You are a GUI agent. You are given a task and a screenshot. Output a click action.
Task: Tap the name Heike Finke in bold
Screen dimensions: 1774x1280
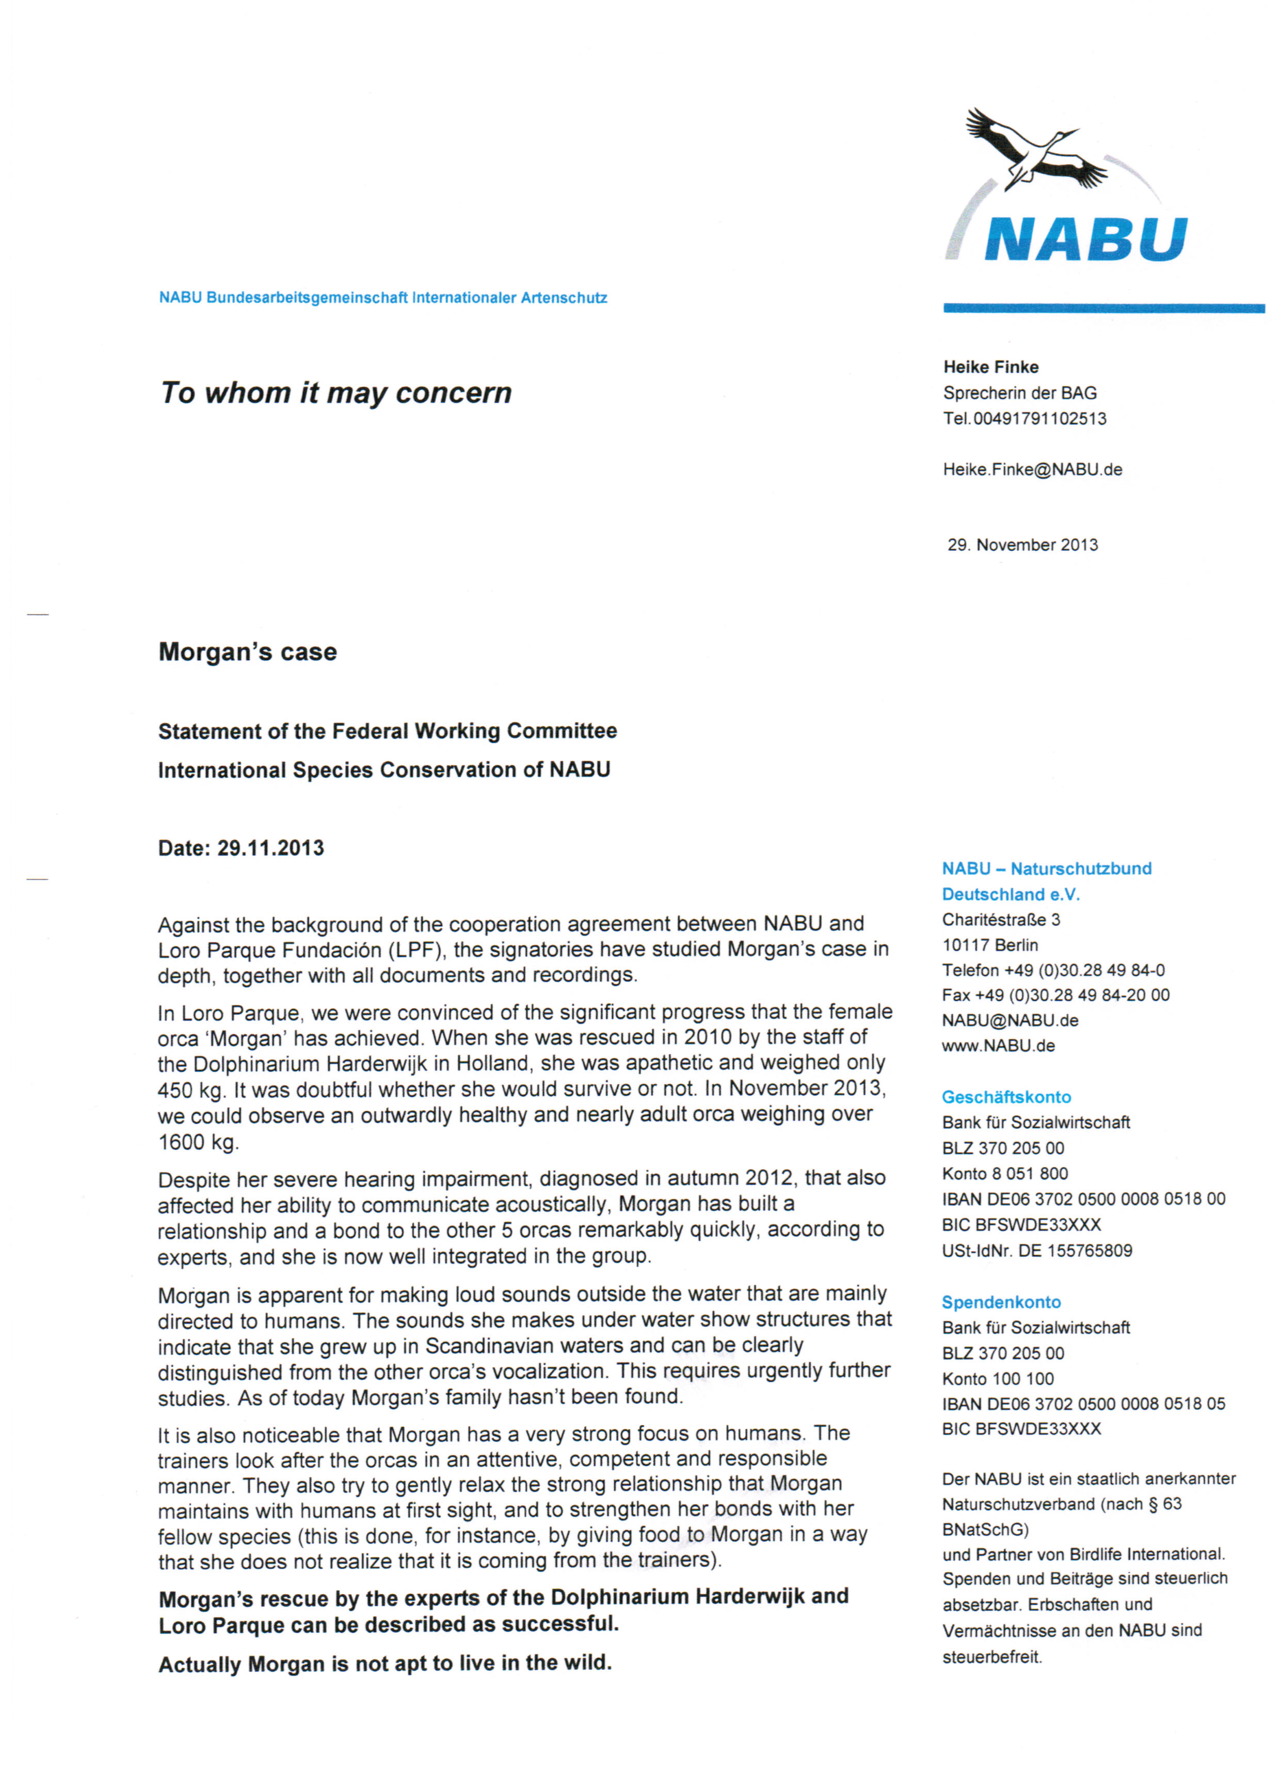click(x=990, y=367)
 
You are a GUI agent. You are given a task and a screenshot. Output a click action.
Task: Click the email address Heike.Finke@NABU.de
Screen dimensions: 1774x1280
click(x=1032, y=469)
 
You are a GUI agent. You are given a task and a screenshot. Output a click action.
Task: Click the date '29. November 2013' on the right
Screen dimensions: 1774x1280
click(x=1022, y=545)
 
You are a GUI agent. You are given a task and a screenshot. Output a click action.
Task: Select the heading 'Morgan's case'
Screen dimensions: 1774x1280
click(x=247, y=651)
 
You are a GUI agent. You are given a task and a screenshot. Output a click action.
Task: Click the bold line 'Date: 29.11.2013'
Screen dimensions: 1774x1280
click(x=241, y=848)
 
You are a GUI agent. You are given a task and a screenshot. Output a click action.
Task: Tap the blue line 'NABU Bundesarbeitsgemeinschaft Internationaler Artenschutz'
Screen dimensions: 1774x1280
click(x=382, y=298)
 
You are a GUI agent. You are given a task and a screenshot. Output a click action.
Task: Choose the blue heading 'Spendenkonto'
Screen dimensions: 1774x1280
click(x=1001, y=1302)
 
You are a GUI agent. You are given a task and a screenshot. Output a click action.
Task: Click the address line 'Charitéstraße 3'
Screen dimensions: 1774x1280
click(x=1001, y=919)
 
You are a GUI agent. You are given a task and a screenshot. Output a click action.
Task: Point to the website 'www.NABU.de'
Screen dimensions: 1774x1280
click(x=998, y=1046)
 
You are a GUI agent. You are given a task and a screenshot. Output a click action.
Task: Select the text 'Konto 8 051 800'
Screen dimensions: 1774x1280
click(x=1004, y=1173)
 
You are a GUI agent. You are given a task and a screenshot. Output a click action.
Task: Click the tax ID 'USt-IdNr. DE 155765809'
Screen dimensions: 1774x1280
click(x=1037, y=1250)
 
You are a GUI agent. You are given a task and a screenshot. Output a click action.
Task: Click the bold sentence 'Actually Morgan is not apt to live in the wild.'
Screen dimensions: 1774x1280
click(x=385, y=1663)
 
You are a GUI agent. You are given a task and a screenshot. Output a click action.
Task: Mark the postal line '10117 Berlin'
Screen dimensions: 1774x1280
click(x=990, y=945)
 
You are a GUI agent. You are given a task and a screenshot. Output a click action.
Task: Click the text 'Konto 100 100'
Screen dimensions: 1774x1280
click(x=998, y=1378)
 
